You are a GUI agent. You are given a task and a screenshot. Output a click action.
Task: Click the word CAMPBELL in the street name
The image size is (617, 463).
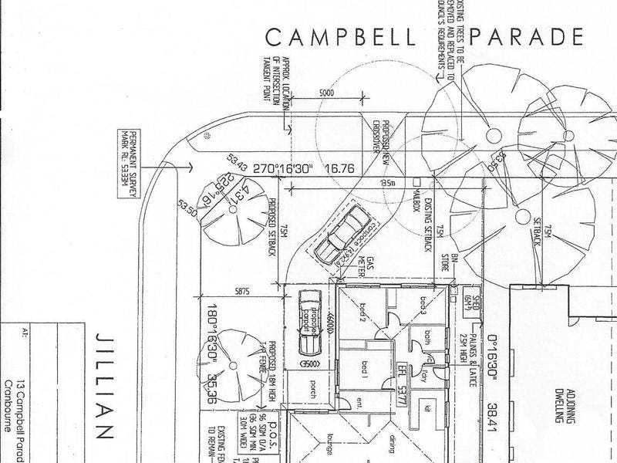pos(341,36)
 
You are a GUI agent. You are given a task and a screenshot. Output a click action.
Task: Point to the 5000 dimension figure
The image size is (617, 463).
pos(325,93)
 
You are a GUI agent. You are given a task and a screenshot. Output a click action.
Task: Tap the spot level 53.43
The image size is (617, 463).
pos(238,162)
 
